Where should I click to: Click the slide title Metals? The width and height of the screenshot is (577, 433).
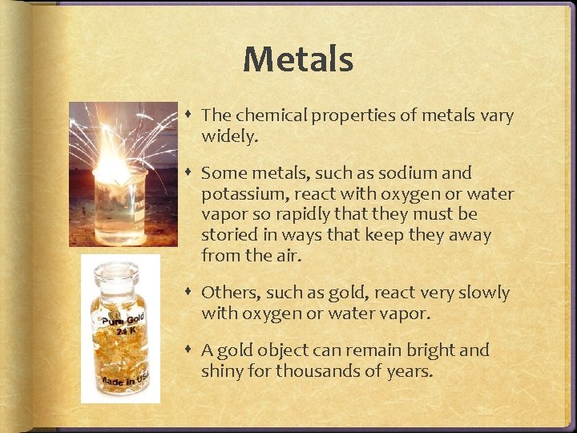(x=297, y=59)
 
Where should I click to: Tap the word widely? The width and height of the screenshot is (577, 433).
(x=229, y=136)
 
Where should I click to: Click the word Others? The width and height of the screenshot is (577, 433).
(x=227, y=292)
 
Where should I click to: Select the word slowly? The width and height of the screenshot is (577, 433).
(x=482, y=293)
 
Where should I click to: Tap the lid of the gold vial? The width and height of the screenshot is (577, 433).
(x=119, y=274)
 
